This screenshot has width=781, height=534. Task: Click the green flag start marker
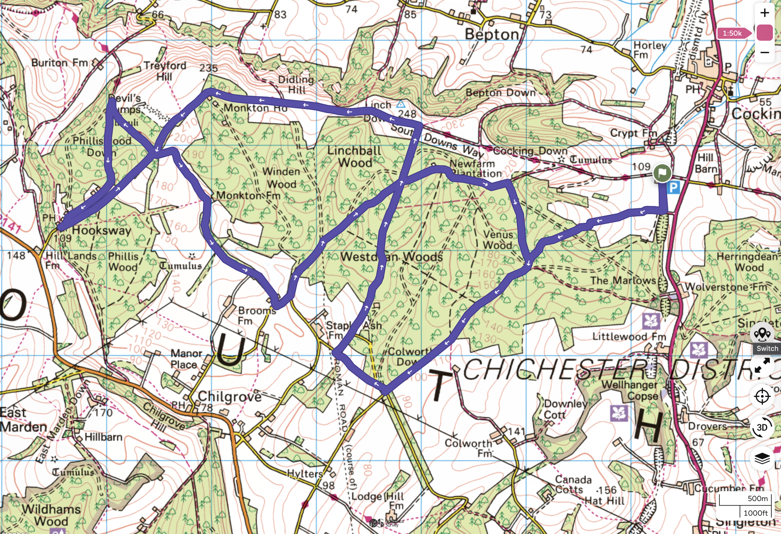click(x=662, y=173)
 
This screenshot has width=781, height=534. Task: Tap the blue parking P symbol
click(x=674, y=187)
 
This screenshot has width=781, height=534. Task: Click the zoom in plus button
click(x=764, y=13)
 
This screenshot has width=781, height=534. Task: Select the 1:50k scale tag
click(x=732, y=33)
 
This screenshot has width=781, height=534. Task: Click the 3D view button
click(x=762, y=427)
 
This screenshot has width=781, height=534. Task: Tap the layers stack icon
click(x=762, y=458)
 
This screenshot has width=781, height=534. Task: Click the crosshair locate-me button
click(x=762, y=396)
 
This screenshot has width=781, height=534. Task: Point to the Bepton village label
click(x=492, y=35)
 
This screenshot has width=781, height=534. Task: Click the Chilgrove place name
click(x=230, y=396)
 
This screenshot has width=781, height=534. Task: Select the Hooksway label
click(x=102, y=230)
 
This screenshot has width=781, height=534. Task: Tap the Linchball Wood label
click(x=355, y=157)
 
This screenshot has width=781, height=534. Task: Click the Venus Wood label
click(x=498, y=240)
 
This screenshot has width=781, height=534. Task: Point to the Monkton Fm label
click(x=248, y=195)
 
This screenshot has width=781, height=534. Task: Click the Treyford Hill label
click(x=165, y=71)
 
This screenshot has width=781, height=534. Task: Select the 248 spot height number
click(x=407, y=114)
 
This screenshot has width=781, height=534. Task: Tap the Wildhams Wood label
click(x=51, y=515)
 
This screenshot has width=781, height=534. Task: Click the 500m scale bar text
click(x=758, y=498)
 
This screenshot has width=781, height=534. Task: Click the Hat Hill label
click(x=604, y=501)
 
